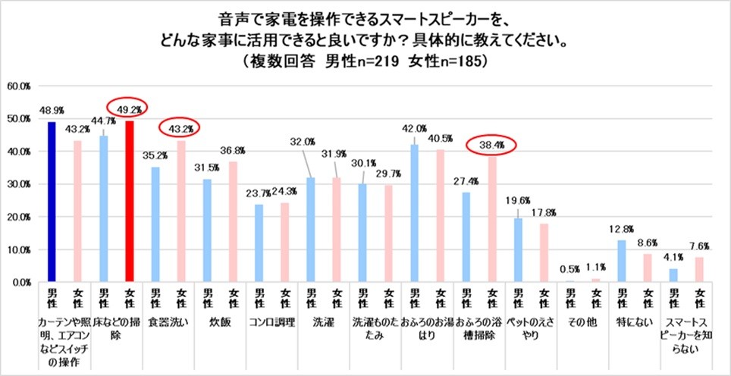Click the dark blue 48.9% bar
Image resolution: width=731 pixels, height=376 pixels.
pyautogui.click(x=52, y=202)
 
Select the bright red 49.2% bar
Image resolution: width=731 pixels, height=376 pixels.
pyautogui.click(x=129, y=201)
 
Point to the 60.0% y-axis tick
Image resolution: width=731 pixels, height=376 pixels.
pyautogui.click(x=19, y=86)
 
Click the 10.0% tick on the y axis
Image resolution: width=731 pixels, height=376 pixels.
pyautogui.click(x=19, y=249)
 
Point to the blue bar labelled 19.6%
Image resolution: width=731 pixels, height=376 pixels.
pyautogui.click(x=518, y=250)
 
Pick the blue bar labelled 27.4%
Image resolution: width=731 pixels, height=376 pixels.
pyautogui.click(x=466, y=237)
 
